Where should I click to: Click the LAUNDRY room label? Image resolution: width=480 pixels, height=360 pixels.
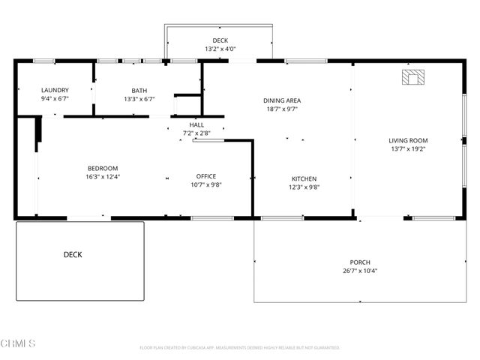(55, 90)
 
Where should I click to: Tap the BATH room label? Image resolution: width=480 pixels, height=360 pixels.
(139, 90)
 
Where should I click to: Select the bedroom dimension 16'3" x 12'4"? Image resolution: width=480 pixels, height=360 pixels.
(103, 177)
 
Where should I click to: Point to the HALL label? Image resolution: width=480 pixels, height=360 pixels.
(196, 124)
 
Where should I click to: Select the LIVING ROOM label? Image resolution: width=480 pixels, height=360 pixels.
(407, 140)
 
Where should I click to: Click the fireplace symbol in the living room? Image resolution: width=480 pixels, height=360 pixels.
(412, 77)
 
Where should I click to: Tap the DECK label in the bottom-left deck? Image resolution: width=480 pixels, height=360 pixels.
(73, 255)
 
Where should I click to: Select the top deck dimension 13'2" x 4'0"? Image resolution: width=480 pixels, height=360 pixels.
(220, 49)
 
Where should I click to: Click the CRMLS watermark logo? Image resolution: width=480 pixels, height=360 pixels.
(19, 343)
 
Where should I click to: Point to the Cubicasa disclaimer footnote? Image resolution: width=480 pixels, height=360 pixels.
(239, 348)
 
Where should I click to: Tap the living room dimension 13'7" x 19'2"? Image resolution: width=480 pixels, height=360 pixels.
(407, 148)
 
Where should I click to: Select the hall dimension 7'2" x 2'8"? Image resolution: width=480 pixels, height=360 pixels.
(196, 133)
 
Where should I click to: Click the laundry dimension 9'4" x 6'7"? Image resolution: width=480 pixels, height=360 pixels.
(55, 98)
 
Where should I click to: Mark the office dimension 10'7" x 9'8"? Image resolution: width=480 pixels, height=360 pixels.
(206, 184)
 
